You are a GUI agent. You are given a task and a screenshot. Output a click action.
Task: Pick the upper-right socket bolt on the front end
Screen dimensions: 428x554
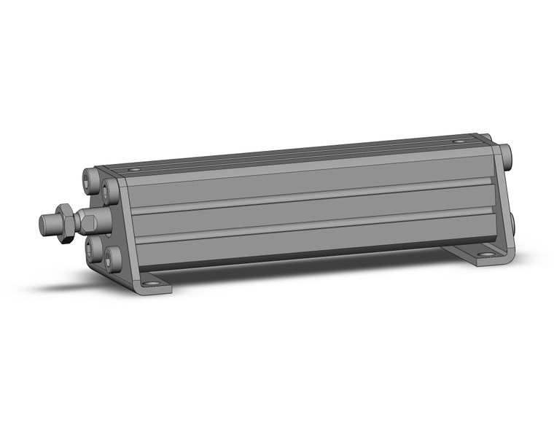tap(110, 191)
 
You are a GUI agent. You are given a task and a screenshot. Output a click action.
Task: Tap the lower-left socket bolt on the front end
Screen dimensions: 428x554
tap(91, 249)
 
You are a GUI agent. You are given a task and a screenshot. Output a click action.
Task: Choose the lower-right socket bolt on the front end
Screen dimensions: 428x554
tap(112, 257)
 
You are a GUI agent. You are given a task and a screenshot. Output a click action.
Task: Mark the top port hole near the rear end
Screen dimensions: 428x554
tap(458, 141)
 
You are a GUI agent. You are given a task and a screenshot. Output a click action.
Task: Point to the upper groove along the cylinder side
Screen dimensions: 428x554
tap(306, 196)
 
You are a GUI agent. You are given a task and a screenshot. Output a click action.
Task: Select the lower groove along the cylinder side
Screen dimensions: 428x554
tap(306, 227)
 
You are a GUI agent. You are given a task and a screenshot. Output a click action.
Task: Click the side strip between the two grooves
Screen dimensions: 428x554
tap(306, 212)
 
